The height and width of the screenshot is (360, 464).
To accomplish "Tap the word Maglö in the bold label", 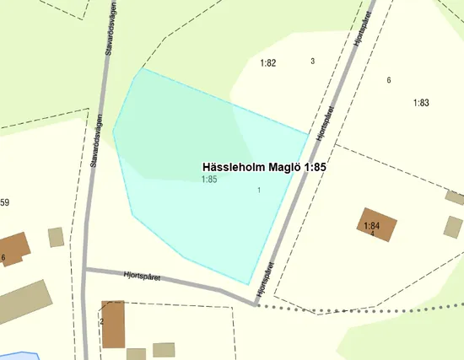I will [285, 168].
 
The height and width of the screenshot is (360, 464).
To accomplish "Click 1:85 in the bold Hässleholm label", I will [315, 168].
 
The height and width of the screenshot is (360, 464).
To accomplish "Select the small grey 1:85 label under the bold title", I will [210, 180].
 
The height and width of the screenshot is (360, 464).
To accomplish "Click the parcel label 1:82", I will [268, 63].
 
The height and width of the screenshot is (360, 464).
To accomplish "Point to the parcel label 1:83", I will [421, 103].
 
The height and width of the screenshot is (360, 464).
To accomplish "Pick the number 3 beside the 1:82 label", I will [313, 61].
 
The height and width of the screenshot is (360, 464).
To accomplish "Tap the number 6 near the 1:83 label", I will [389, 80].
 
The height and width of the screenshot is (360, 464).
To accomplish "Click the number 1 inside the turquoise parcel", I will [258, 190].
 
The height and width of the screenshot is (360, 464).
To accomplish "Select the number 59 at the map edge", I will [4, 202].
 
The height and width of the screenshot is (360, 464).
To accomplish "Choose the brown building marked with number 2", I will [112, 325].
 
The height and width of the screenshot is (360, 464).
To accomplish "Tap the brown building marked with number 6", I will [12, 247].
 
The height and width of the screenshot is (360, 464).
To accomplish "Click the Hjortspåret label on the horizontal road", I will [142, 276].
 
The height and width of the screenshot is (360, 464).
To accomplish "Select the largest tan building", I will [24, 302].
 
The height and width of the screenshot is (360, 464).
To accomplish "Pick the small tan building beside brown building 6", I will [56, 237].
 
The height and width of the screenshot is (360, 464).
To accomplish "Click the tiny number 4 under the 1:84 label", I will [372, 234].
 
